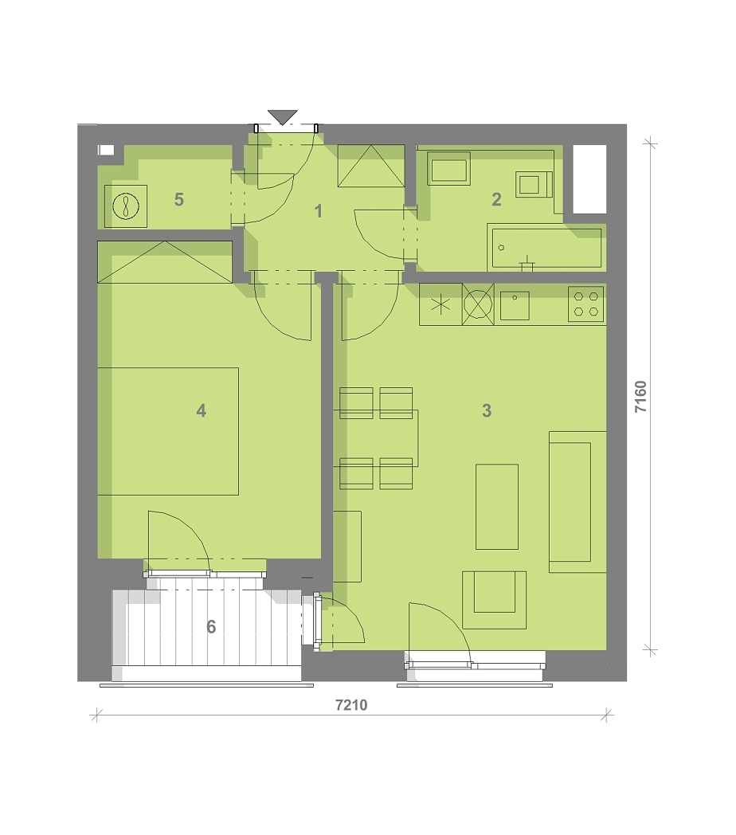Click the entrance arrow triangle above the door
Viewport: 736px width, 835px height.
(x=282, y=116)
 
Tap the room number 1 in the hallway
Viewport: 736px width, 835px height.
(x=319, y=211)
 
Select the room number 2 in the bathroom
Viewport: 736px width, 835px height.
(x=496, y=200)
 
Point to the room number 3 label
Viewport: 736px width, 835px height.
(x=487, y=410)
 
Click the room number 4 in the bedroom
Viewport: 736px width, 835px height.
(x=202, y=410)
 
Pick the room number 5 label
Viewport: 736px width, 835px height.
(x=179, y=200)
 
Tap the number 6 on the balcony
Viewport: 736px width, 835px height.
(x=211, y=627)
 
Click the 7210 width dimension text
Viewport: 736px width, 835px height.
(x=351, y=705)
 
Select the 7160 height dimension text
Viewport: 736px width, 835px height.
(x=640, y=396)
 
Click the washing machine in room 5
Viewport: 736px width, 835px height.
(x=126, y=206)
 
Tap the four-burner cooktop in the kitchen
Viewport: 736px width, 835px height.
(x=585, y=304)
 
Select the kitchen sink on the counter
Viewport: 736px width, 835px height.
(x=515, y=306)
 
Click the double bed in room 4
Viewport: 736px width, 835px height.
(x=168, y=431)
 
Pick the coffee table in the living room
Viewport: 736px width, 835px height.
(x=497, y=507)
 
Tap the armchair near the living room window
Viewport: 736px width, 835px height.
(x=494, y=600)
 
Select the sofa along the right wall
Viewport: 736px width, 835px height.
(x=577, y=502)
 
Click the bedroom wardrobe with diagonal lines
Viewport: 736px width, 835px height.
(x=165, y=262)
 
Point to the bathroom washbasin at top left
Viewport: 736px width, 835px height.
(x=449, y=169)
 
